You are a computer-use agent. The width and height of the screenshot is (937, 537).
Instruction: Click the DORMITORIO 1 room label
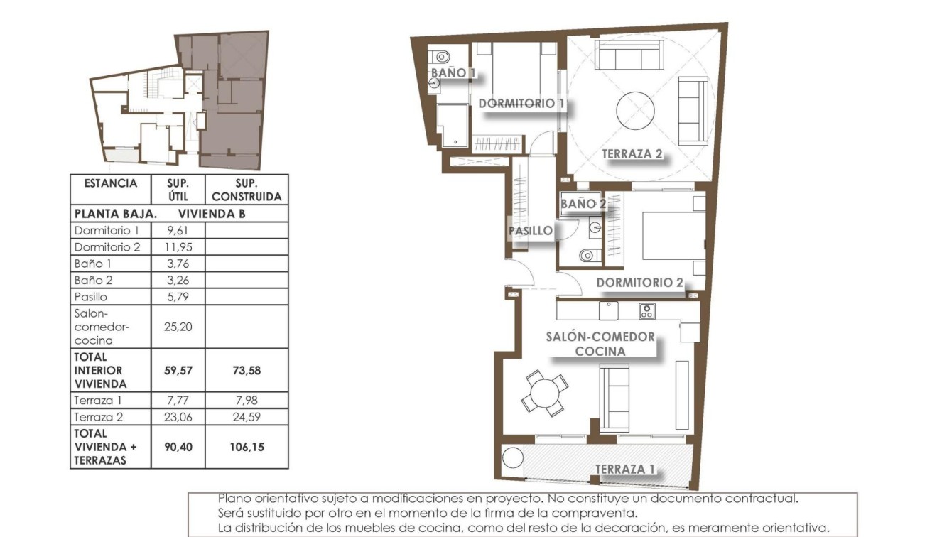pyautogui.click(x=521, y=104)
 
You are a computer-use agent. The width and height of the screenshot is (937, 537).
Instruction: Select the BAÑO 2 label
pyautogui.click(x=583, y=204)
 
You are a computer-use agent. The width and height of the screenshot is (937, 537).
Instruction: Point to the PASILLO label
pyautogui.click(x=531, y=231)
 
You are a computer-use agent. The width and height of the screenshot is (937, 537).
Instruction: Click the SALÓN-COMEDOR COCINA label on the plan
pyautogui.click(x=600, y=344)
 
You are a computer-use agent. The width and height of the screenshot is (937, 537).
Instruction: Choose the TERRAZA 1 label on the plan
pyautogui.click(x=625, y=470)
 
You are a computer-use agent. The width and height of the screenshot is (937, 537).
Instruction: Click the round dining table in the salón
pyautogui.click(x=545, y=394)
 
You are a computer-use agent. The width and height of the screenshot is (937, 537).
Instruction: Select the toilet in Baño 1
pyautogui.click(x=441, y=55)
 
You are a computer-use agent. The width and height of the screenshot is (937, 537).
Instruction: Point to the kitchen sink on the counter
pyautogui.click(x=608, y=310)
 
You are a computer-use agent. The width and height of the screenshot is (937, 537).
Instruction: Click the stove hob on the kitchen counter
pyautogui.click(x=646, y=310)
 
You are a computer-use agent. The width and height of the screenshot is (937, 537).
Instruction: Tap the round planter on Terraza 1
pyautogui.click(x=512, y=458)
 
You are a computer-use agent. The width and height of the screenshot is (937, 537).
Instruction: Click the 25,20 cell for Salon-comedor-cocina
pyautogui.click(x=178, y=327)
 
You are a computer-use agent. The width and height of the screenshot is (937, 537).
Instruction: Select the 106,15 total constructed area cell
pyautogui.click(x=247, y=447)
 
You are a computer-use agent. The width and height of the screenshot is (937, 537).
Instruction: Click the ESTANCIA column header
pyautogui.click(x=111, y=183)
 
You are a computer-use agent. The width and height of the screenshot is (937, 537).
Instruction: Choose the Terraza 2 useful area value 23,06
pyautogui.click(x=178, y=417)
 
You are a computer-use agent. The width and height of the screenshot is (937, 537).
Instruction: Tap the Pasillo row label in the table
pyautogui.click(x=91, y=297)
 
